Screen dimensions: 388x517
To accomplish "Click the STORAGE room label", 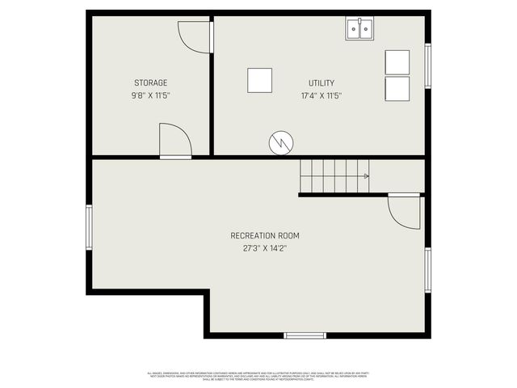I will click(150, 83).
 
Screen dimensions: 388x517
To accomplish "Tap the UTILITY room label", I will click(321, 83).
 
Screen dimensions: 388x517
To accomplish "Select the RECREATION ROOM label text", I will click(264, 236).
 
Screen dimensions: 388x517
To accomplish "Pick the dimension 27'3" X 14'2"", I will click(264, 249).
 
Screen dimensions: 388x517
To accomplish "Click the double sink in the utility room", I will click(360, 30).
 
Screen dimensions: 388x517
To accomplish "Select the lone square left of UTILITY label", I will click(259, 80).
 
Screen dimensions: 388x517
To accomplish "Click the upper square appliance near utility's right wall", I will click(397, 62).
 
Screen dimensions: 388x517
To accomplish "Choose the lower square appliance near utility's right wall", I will click(397, 88).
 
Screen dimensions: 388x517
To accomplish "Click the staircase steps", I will click(333, 175).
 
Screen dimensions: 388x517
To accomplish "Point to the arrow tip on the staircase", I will click(368, 175).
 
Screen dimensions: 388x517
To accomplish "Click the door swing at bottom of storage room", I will click(174, 141).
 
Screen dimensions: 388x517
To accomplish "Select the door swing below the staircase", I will click(405, 211).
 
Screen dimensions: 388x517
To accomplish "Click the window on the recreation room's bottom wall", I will click(305, 335).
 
